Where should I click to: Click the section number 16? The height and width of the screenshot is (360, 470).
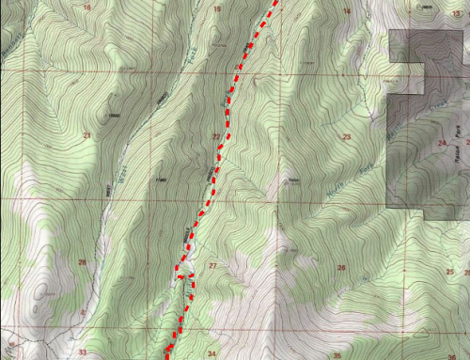tap(87, 8)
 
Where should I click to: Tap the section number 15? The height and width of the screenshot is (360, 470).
tap(217, 9)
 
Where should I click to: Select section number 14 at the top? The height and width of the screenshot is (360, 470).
tap(346, 10)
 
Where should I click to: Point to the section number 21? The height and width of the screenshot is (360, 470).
tap(86, 137)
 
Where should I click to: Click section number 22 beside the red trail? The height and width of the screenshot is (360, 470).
tap(216, 137)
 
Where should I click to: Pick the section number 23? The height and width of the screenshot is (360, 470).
tap(346, 138)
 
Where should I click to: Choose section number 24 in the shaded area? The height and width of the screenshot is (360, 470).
tap(441, 143)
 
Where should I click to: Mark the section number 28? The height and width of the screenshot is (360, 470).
tap(83, 263)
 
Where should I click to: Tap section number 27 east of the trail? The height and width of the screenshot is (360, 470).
tap(212, 266)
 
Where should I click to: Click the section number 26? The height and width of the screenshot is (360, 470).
tap(341, 269)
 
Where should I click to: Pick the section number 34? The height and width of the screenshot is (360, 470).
tap(211, 354)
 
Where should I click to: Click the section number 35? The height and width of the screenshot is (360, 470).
tap(336, 356)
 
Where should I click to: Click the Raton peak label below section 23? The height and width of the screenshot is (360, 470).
tap(294, 181)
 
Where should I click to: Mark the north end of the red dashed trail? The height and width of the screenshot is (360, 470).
tap(276, 3)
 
